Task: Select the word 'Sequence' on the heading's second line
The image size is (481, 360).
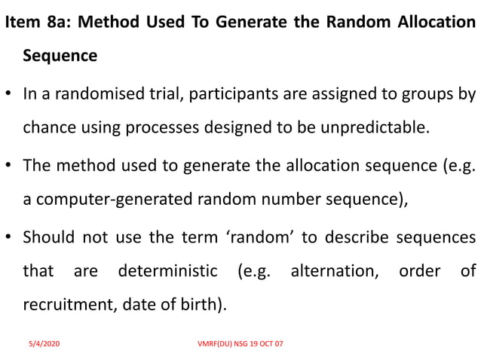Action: [60, 56]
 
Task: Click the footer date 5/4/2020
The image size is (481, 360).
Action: [44, 343]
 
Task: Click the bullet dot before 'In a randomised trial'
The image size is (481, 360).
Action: [8, 95]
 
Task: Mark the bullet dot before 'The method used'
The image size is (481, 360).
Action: [8, 166]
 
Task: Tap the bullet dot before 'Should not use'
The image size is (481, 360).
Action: [8, 238]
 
